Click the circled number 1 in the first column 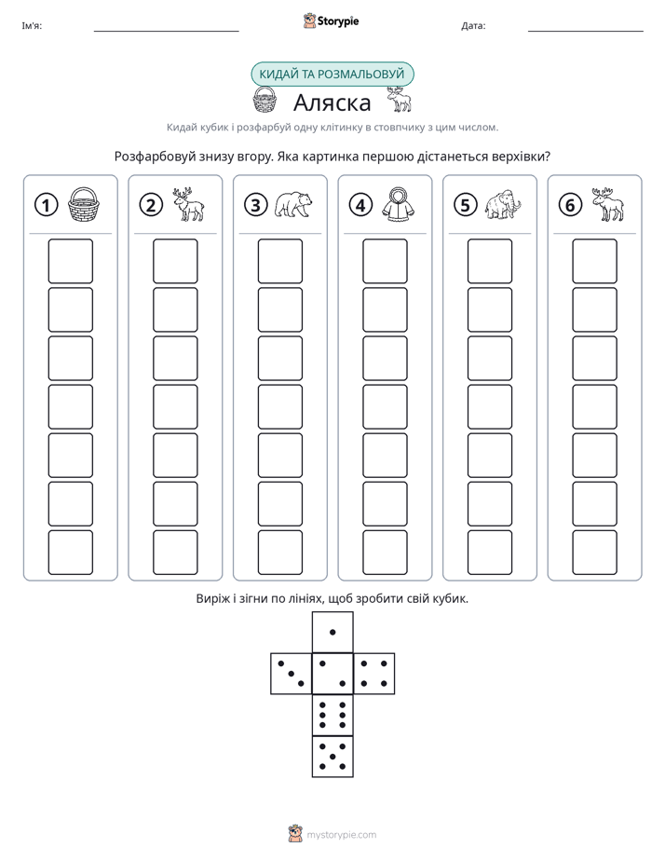46,205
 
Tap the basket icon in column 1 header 84,204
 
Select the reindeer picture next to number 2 189,204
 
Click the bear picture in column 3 293,204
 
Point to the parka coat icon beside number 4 399,204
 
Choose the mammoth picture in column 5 503,205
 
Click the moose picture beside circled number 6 608,204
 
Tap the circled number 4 360,205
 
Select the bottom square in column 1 70,553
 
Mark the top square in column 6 595,261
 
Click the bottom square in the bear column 279,553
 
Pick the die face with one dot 332,632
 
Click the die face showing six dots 332,715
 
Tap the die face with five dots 332,757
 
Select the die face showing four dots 374,673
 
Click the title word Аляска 332,102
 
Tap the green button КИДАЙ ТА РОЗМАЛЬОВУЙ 332,75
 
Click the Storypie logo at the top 331,20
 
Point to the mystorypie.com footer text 341,835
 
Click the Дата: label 473,25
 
